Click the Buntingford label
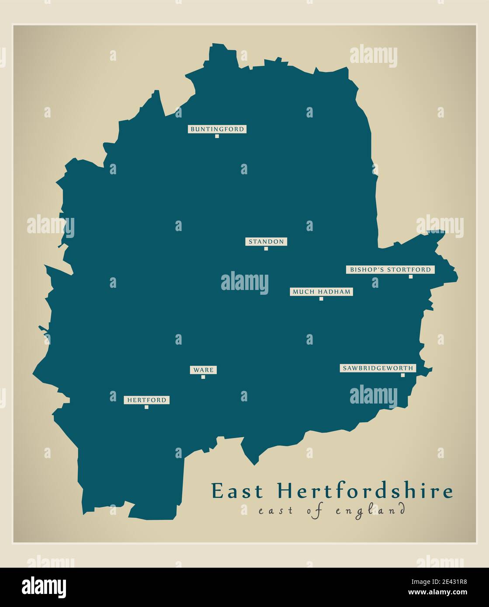217,129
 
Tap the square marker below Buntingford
217,136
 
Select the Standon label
266,241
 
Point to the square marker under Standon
266,248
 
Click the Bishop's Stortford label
390,270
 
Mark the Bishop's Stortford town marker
410,276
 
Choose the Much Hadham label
321,292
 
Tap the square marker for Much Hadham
321,299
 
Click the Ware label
204,370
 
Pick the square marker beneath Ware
203,377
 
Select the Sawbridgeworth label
378,368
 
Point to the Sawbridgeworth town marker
403,375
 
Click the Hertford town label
147,400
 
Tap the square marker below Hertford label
146,407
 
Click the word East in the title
238,491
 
